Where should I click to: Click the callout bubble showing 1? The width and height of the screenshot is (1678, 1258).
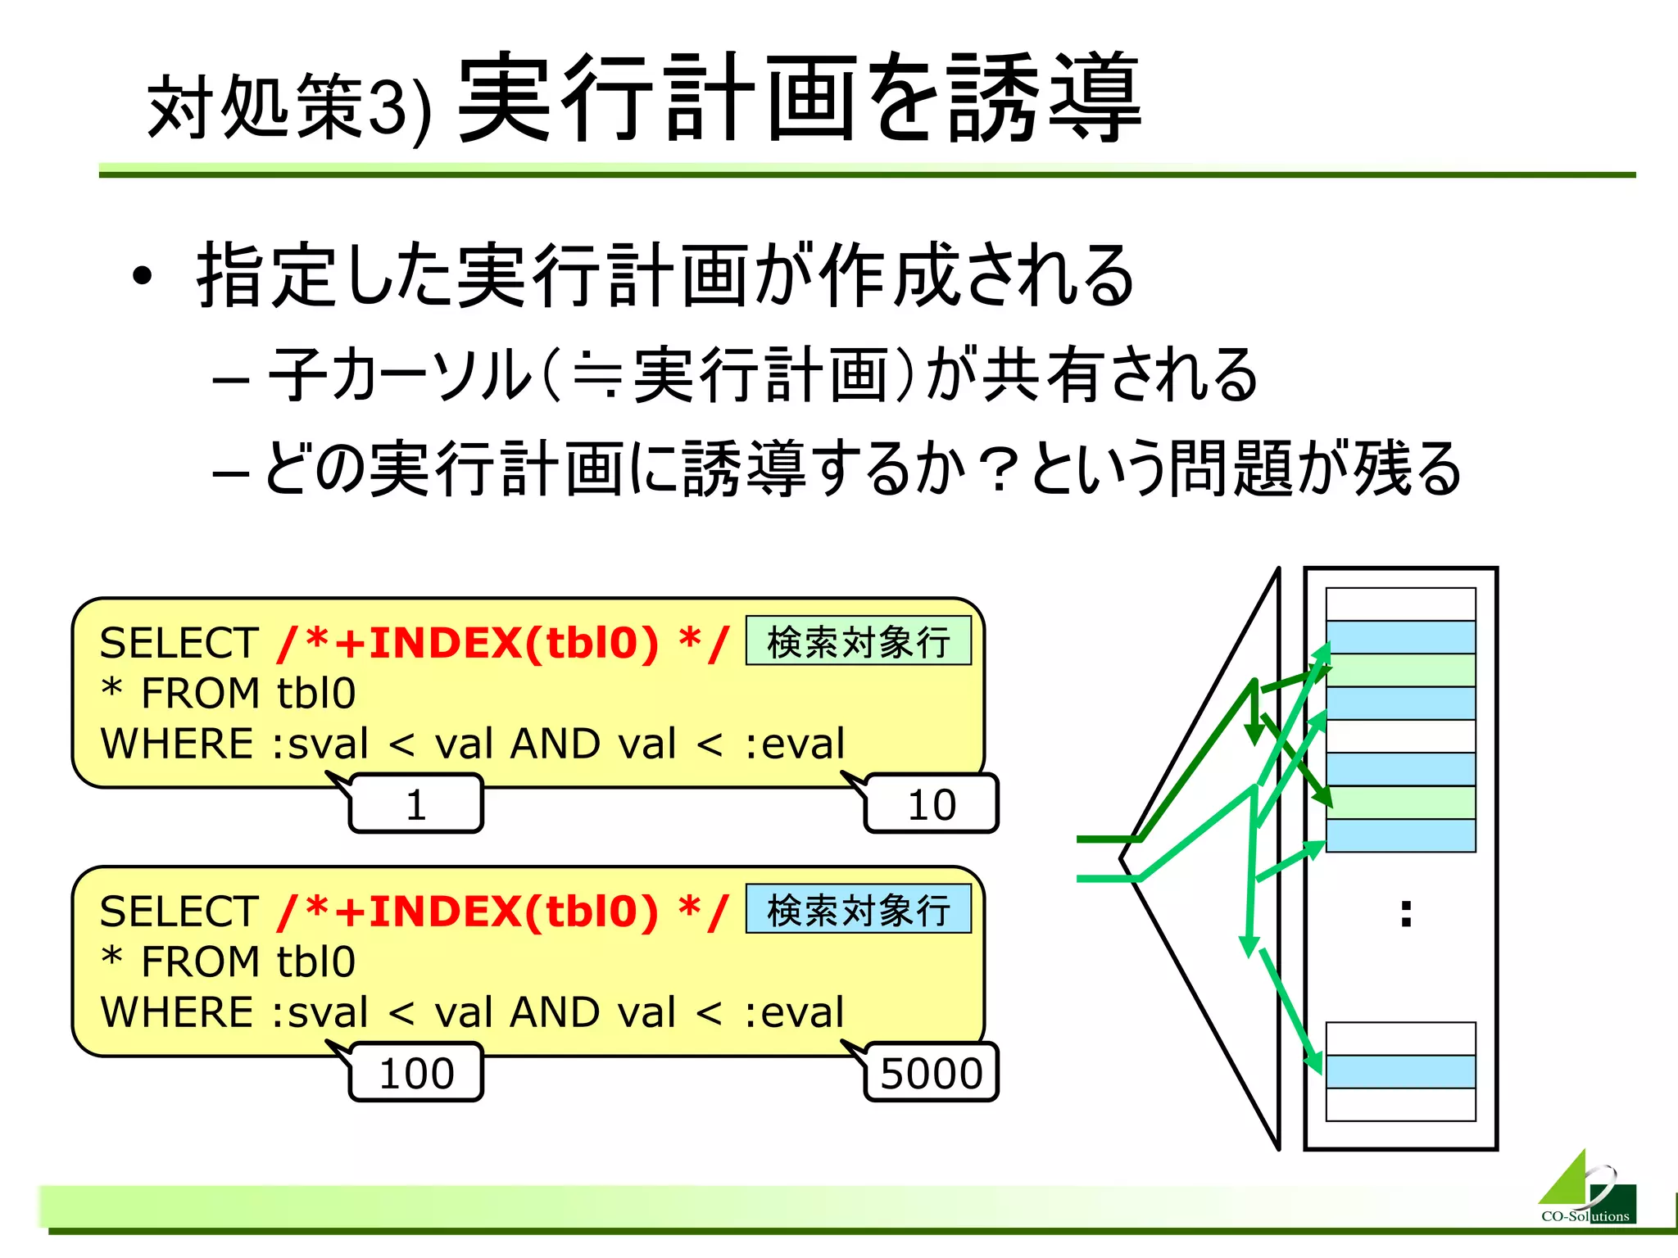[x=416, y=804]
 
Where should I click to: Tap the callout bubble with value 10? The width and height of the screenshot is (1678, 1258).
[x=932, y=804]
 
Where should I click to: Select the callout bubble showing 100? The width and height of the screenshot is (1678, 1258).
[x=416, y=1073]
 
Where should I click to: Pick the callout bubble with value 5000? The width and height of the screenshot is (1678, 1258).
[x=932, y=1073]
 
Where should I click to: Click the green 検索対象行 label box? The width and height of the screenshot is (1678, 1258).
[x=858, y=641]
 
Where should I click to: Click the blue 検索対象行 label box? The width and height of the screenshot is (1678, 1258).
[x=858, y=910]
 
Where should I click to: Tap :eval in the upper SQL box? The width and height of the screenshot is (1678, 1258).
[x=794, y=744]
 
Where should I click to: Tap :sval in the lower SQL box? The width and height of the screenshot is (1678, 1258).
[x=320, y=1012]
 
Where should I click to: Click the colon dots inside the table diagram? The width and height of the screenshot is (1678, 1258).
[x=1406, y=912]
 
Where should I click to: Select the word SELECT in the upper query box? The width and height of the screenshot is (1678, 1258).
[x=179, y=643]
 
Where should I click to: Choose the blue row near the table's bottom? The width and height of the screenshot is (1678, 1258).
[x=1400, y=1071]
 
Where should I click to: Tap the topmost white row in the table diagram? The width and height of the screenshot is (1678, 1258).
[x=1400, y=604]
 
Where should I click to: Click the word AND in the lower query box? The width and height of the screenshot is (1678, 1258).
[x=555, y=1012]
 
